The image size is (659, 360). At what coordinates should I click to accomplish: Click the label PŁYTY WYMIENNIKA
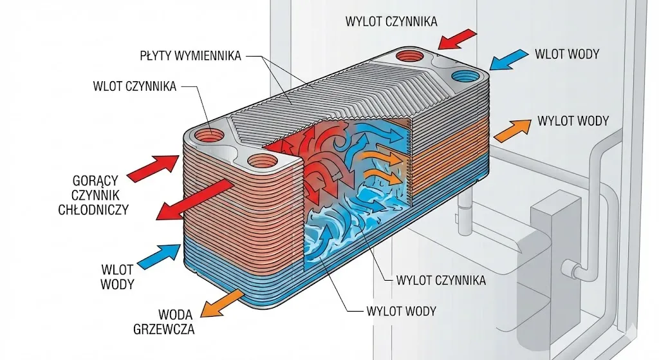(x=190, y=56)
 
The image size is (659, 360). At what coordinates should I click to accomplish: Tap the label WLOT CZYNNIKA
(x=133, y=86)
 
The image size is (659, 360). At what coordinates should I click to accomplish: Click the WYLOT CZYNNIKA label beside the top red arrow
(x=391, y=21)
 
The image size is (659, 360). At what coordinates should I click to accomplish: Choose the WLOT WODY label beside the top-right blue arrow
(x=566, y=53)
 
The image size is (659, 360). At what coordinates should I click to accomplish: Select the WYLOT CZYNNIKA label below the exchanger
(x=441, y=280)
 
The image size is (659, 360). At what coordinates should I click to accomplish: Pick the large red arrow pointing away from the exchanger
(x=194, y=200)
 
